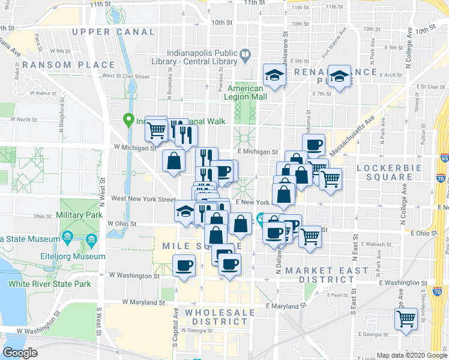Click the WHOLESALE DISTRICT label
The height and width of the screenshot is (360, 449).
216,317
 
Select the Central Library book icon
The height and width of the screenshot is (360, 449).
246,57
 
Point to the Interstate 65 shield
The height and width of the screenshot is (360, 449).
444,158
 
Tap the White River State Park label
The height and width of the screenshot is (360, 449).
49,283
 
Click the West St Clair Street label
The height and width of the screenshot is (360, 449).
125,76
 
